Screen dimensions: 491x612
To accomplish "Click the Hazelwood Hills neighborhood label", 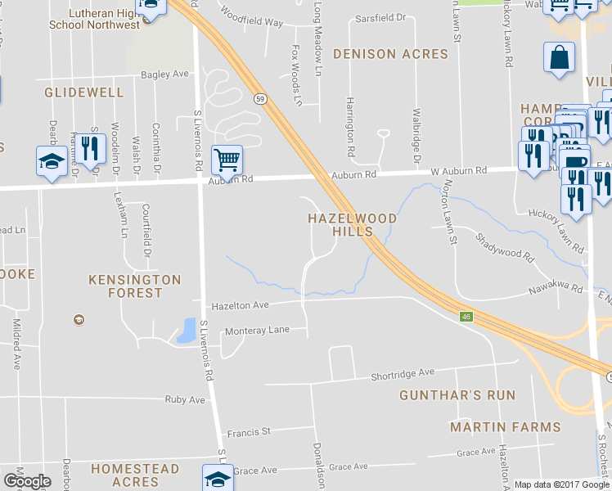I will [353, 225].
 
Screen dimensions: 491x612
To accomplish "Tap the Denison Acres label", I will [391, 54].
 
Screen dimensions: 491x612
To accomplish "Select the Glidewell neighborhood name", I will [84, 92].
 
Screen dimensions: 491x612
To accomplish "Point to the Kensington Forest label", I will [135, 286].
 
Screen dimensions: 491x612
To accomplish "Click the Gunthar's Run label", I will [457, 395].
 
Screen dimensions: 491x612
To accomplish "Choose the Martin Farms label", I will [506, 427].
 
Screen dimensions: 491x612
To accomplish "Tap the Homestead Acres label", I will [135, 475].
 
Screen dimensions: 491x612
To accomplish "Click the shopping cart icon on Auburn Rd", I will [227, 159].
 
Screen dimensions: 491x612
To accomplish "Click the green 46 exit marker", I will [466, 317].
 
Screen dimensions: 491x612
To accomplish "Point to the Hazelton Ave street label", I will [241, 305].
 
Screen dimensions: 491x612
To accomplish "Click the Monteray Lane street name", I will [257, 330].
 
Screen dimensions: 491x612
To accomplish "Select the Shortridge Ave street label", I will [403, 372].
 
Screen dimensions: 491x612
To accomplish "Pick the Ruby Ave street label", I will [185, 400].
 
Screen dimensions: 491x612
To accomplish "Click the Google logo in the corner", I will [26, 481].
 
